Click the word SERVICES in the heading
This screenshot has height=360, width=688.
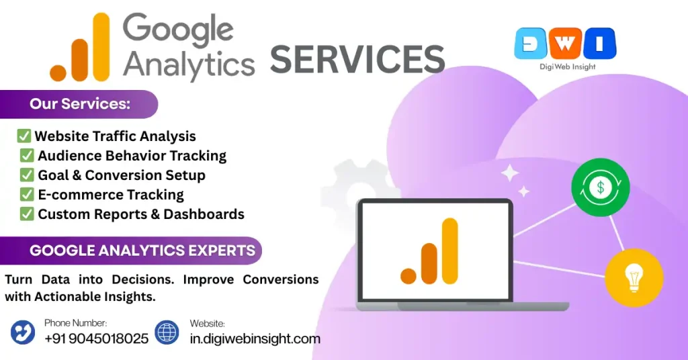coord(357,59)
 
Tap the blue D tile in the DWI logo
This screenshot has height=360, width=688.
coord(531,44)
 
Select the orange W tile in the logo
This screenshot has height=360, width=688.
coord(565,43)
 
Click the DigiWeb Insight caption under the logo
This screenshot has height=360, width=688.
coord(567,66)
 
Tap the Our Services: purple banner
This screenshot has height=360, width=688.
coord(79,104)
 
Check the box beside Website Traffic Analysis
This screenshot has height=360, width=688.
coord(24,136)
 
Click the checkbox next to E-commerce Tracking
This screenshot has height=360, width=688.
coord(27,194)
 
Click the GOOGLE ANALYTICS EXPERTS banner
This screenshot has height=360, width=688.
coord(131,251)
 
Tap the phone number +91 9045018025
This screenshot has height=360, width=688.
coord(97,339)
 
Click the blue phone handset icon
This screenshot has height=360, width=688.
coord(23,332)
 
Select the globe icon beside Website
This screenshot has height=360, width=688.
coord(167,332)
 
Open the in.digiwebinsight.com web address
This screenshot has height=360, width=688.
coord(255,339)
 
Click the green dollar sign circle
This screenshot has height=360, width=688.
coord(600,187)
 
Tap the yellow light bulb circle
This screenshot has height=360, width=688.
coord(634,277)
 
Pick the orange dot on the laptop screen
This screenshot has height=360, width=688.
coord(408,276)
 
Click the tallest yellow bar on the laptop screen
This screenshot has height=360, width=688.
coord(449,251)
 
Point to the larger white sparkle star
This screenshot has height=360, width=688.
coord(510,173)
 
